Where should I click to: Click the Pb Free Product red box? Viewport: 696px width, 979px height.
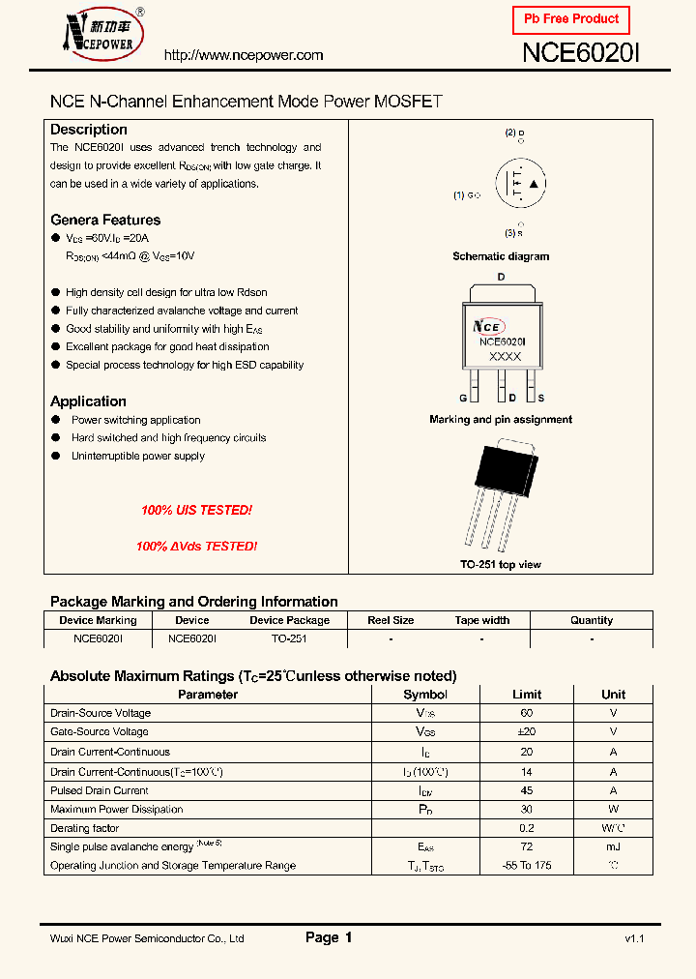(x=570, y=19)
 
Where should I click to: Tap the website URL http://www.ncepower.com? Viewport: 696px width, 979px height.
(x=244, y=55)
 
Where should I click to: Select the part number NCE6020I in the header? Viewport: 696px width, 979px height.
(x=581, y=53)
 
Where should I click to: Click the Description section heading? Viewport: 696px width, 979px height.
(x=89, y=130)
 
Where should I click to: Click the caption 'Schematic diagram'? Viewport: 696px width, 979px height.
(x=501, y=256)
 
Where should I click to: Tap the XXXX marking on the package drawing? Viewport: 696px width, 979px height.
(x=505, y=357)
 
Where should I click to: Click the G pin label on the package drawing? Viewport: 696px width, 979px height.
(x=463, y=399)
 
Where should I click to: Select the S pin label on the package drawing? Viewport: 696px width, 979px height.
(x=540, y=399)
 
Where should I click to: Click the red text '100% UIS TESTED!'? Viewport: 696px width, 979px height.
(x=196, y=510)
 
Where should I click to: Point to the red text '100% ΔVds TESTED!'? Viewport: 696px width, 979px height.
(x=196, y=547)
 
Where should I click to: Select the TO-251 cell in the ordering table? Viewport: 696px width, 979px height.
(x=289, y=638)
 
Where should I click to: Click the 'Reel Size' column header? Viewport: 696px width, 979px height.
(x=391, y=620)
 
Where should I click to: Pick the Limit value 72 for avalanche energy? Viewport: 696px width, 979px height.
(x=527, y=846)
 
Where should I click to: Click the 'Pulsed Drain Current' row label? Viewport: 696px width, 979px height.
(x=100, y=790)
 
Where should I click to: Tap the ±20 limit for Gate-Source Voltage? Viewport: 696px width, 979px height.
(x=527, y=732)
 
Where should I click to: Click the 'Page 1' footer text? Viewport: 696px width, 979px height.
(x=329, y=937)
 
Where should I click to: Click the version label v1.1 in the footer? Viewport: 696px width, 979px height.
(x=634, y=938)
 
